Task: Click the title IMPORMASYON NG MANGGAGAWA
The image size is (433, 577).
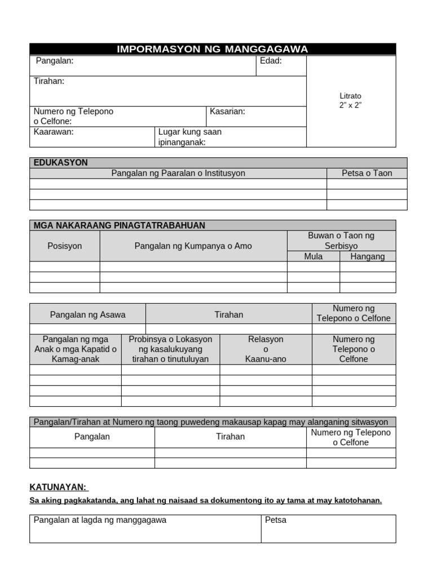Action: pos(213,49)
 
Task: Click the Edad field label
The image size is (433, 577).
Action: pos(271,61)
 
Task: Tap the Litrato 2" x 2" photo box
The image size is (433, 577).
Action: pos(350,101)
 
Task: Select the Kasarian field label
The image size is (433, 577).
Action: pos(227,112)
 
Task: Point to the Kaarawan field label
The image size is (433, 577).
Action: pos(54,132)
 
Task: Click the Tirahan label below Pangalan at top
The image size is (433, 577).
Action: pos(49,81)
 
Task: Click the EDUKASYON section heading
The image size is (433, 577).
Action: pos(60,163)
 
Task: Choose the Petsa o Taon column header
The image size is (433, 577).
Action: pos(366,173)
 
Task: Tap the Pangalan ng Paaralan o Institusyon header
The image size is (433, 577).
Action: pos(178,173)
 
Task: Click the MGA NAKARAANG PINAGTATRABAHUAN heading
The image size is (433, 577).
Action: pos(119,225)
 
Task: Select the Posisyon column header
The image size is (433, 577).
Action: pos(65,246)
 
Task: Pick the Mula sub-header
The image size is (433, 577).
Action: pos(313,256)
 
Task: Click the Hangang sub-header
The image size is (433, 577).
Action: pos(368,256)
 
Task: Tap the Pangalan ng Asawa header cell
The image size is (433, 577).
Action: pos(88,314)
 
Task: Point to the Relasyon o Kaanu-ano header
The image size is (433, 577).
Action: pos(266,349)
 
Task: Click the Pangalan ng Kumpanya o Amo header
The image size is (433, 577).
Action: pos(193,246)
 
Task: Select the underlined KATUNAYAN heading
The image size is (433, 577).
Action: pos(59,487)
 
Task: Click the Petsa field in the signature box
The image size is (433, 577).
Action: pos(276,520)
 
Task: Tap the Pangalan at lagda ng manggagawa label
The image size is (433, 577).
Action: pos(100,520)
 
